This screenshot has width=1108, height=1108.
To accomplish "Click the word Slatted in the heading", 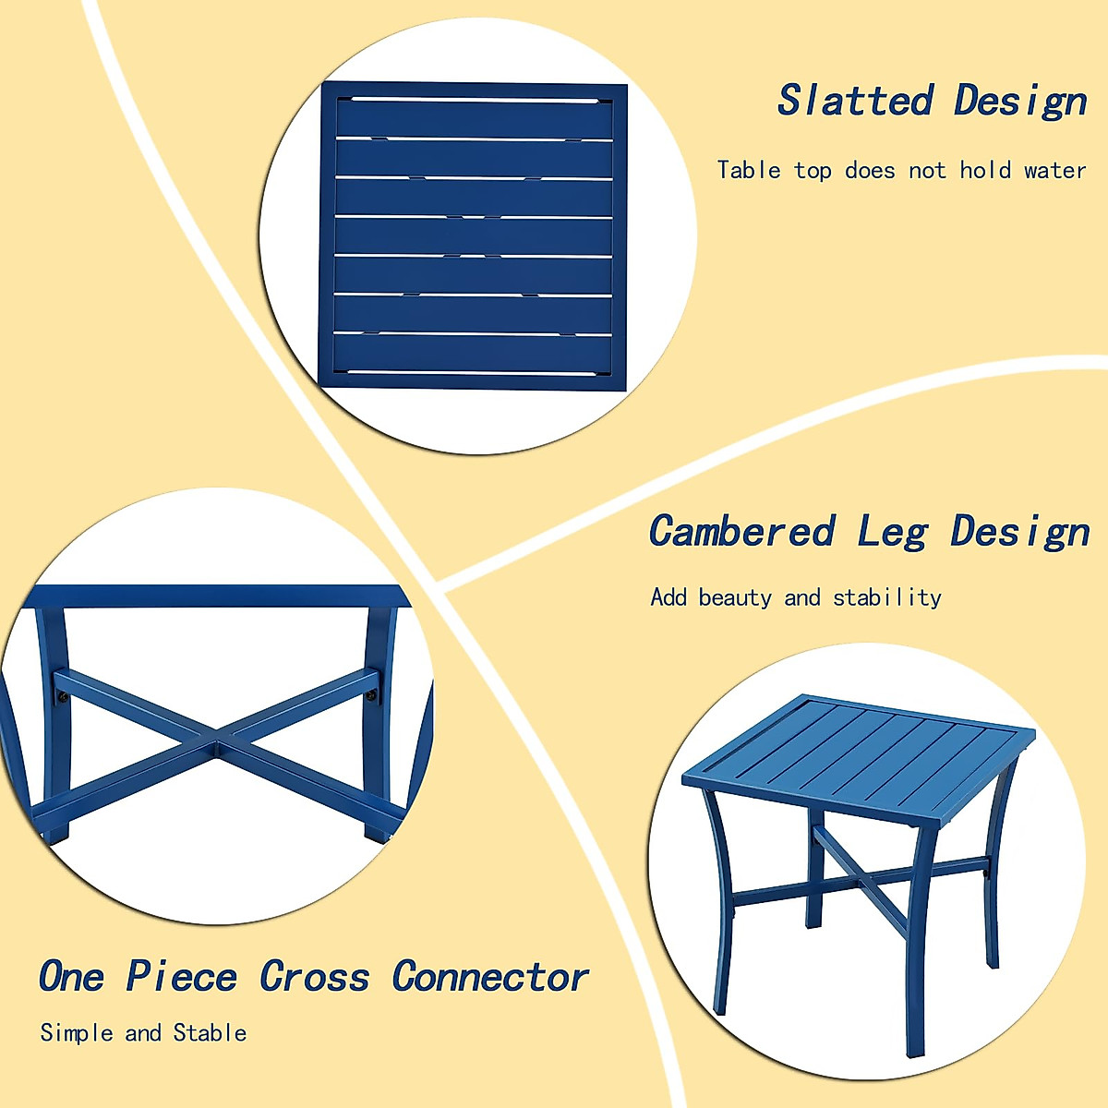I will click(x=855, y=101).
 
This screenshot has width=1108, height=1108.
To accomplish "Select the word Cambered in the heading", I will click(x=741, y=532).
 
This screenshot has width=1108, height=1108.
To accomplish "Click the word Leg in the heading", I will click(x=892, y=534).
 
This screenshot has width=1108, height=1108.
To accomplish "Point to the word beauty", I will click(x=735, y=597).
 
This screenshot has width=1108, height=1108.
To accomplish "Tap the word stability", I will click(x=887, y=598).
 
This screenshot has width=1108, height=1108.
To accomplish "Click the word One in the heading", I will click(x=71, y=977).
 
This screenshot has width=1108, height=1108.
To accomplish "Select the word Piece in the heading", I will click(x=182, y=977).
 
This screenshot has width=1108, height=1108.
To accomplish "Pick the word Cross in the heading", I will click(x=314, y=977).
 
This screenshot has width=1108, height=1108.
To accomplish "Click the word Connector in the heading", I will click(x=489, y=977).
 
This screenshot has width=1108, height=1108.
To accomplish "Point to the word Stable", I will click(x=211, y=1032).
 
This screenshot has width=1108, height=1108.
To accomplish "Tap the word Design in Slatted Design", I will click(x=1020, y=101).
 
